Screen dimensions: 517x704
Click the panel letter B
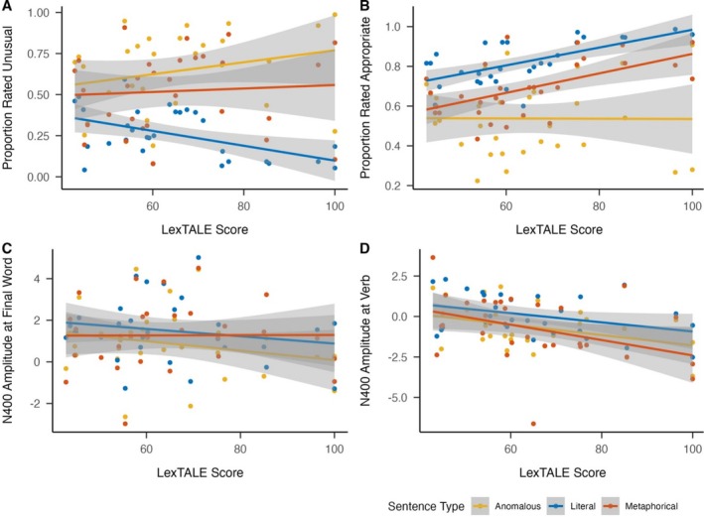point(364,7)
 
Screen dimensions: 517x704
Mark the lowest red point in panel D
point(533,423)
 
